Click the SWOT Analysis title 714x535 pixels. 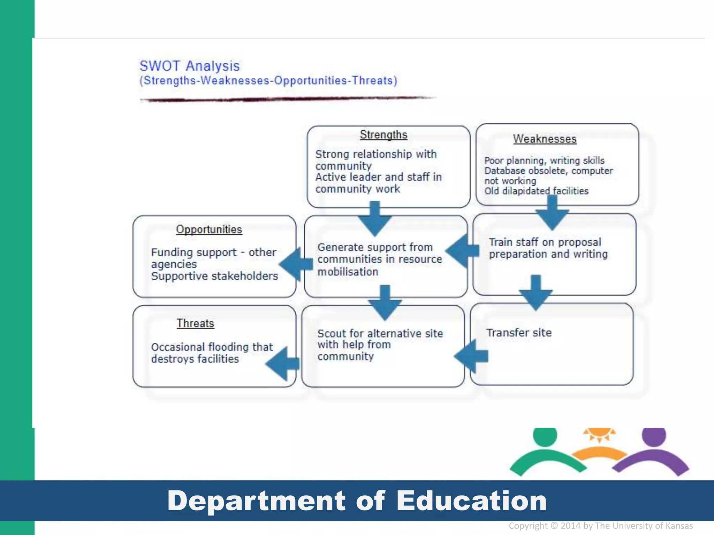[x=189, y=66]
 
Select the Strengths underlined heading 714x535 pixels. [x=383, y=135]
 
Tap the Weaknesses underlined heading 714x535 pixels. [x=545, y=139]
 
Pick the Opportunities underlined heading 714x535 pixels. [x=209, y=230]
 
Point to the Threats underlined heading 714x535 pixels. [x=195, y=324]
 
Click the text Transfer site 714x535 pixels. [x=519, y=333]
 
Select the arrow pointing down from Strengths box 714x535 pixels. [x=375, y=219]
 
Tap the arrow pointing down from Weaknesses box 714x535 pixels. [x=552, y=213]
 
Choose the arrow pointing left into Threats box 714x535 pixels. [x=282, y=364]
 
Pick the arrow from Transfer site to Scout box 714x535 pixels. [x=471, y=356]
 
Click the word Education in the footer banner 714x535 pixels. [x=471, y=501]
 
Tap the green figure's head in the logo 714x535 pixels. [x=545, y=436]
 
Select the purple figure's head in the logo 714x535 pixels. [x=654, y=436]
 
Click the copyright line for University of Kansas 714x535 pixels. [x=600, y=526]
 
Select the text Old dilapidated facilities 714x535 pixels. [x=536, y=191]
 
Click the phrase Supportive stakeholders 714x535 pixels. [x=214, y=276]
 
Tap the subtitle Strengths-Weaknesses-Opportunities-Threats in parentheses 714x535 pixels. [x=268, y=80]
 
